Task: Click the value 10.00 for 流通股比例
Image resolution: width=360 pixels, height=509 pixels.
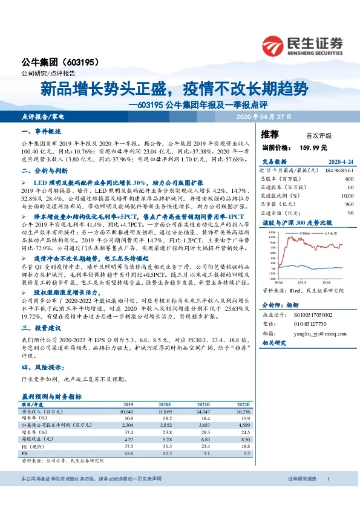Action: (x=346, y=196)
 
